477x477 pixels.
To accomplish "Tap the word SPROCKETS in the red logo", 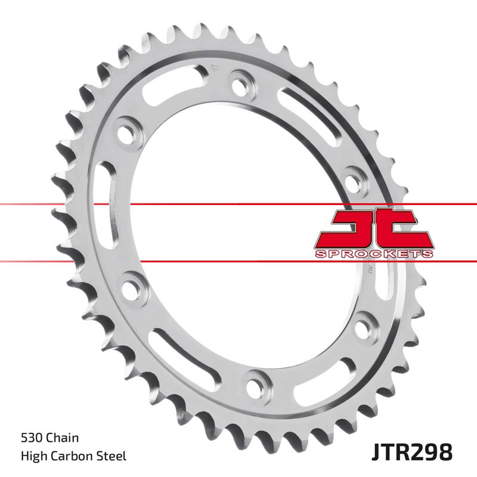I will click(373, 254).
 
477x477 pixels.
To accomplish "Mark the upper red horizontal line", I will click(60, 205).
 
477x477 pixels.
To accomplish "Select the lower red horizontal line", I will click(60, 261).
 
